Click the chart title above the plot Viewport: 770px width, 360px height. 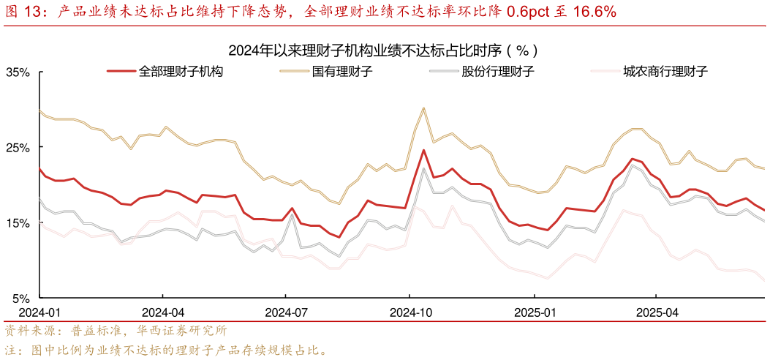(385, 50)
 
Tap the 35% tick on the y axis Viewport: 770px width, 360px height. (18, 72)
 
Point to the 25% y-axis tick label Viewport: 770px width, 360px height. (18, 148)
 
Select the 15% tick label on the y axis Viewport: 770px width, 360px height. (18, 223)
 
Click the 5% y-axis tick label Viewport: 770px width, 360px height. (20, 299)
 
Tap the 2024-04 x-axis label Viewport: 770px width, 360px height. (163, 311)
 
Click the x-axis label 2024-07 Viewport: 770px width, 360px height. (286, 311)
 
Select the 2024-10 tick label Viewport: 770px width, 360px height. (410, 311)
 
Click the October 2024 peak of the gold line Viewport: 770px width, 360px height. (423, 108)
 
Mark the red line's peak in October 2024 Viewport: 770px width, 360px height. (423, 150)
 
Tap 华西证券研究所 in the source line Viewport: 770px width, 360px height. (185, 330)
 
